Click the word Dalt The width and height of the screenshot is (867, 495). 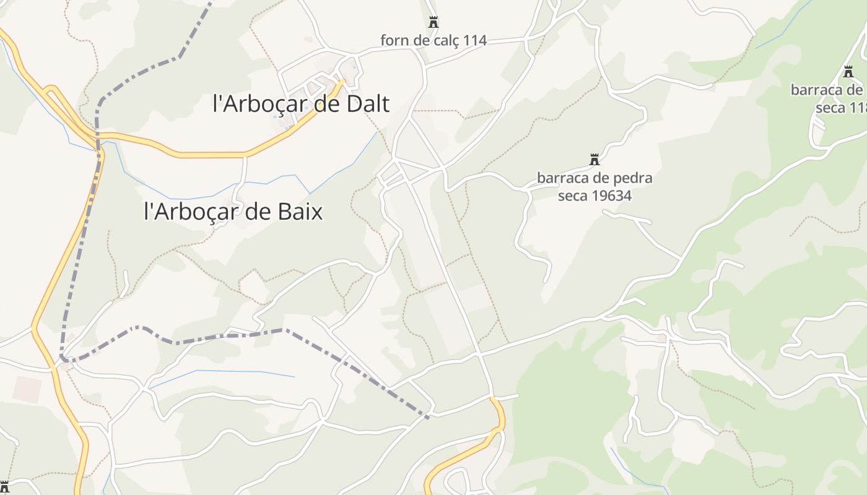(x=365, y=103)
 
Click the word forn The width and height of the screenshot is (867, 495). (x=394, y=41)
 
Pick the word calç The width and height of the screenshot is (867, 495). (x=446, y=41)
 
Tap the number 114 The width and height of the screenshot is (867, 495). (x=475, y=41)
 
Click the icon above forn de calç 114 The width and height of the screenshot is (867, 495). (x=434, y=22)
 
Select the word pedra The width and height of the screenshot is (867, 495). (x=632, y=178)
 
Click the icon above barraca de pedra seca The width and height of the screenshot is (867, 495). (x=595, y=160)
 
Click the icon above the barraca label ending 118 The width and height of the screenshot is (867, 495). (x=848, y=72)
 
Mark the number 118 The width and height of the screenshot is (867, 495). (x=858, y=107)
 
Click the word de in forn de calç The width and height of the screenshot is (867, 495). (x=421, y=41)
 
